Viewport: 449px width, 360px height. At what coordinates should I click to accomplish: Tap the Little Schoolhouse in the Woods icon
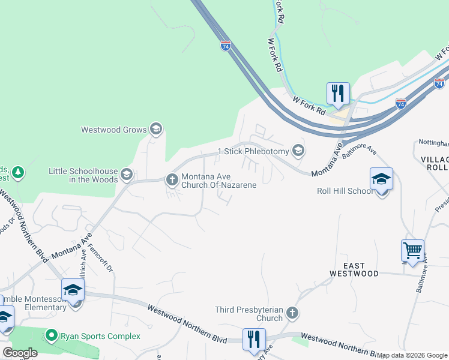[127, 174]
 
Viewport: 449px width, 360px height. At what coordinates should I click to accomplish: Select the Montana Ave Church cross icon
[172, 179]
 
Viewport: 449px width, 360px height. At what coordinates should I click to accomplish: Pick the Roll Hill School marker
[381, 179]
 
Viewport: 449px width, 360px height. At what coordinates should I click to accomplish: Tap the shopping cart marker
[412, 251]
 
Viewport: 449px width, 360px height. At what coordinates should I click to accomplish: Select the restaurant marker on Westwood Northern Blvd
[254, 339]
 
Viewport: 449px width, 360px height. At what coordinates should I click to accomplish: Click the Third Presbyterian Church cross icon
[292, 313]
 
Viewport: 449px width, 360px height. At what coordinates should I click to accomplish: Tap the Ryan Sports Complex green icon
[52, 336]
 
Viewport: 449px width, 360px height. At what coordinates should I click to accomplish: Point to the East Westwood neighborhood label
[354, 269]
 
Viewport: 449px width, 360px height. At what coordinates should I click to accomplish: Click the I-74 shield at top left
[226, 46]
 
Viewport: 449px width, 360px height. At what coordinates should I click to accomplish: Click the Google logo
[20, 353]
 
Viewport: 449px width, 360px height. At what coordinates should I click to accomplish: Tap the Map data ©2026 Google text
[412, 355]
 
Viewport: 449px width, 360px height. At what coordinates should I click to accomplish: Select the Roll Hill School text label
[345, 191]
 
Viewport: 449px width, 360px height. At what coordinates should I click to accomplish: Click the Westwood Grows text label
[114, 130]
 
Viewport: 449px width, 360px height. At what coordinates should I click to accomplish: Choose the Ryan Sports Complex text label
[100, 337]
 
